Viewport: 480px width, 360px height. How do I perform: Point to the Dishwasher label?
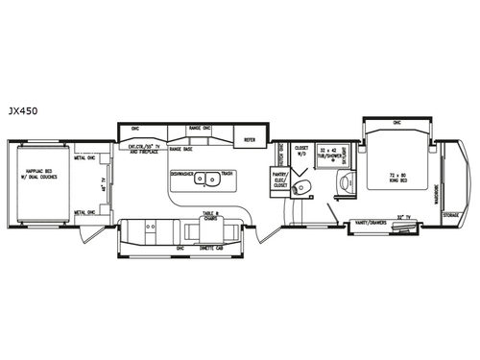[x=184, y=174]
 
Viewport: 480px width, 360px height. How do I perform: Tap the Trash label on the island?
[x=227, y=174]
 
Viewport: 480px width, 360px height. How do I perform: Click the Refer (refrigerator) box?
[x=250, y=138]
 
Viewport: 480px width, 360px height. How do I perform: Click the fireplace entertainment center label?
[x=140, y=150]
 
